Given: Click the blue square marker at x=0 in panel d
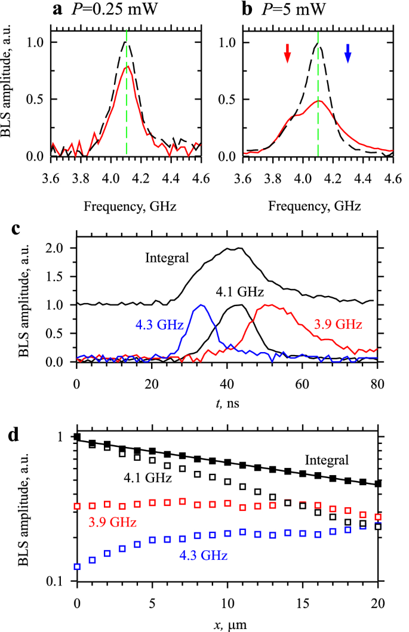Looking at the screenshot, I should (77, 566).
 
